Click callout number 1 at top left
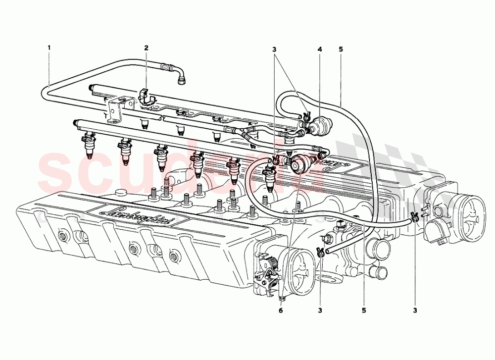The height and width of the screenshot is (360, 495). coord(49,48)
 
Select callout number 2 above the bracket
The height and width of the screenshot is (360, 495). coord(147,48)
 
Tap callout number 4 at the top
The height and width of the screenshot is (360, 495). coord(320,50)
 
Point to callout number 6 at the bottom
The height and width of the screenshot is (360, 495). coord(281,310)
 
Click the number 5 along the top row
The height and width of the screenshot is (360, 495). coord(341,50)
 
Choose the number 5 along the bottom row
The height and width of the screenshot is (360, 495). coord(364,310)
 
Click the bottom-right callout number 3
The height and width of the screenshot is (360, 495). coord(415,310)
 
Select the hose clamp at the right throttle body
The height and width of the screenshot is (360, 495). coord(415,216)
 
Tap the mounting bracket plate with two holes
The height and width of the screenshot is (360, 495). coord(118,109)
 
